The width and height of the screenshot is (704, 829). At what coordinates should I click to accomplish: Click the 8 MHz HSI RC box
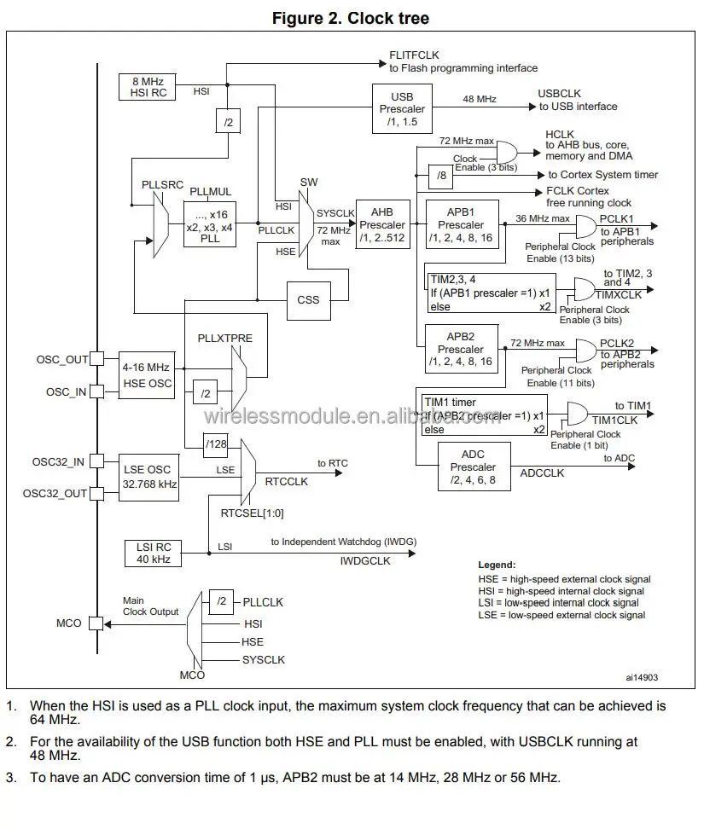pos(148,86)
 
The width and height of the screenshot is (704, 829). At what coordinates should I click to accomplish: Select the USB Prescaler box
pos(401,109)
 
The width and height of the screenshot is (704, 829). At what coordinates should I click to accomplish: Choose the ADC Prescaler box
pos(473,467)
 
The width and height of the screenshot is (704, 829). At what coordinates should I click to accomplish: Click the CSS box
pos(308,299)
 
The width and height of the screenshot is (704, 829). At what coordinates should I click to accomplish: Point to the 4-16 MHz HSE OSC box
pos(148,375)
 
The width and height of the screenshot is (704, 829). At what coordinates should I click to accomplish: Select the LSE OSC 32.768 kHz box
pos(148,477)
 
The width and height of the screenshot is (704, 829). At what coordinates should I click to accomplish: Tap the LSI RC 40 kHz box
pos(148,553)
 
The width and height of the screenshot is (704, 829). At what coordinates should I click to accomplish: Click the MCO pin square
pos(97,623)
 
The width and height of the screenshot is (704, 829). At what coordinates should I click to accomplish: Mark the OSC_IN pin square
pos(97,391)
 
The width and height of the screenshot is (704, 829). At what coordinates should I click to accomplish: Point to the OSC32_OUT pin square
pos(97,493)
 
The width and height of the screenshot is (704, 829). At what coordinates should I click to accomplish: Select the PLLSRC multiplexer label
pos(163,184)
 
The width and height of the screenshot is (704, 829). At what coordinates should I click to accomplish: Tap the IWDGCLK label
pos(364,561)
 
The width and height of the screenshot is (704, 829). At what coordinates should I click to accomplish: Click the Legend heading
pos(497,565)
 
